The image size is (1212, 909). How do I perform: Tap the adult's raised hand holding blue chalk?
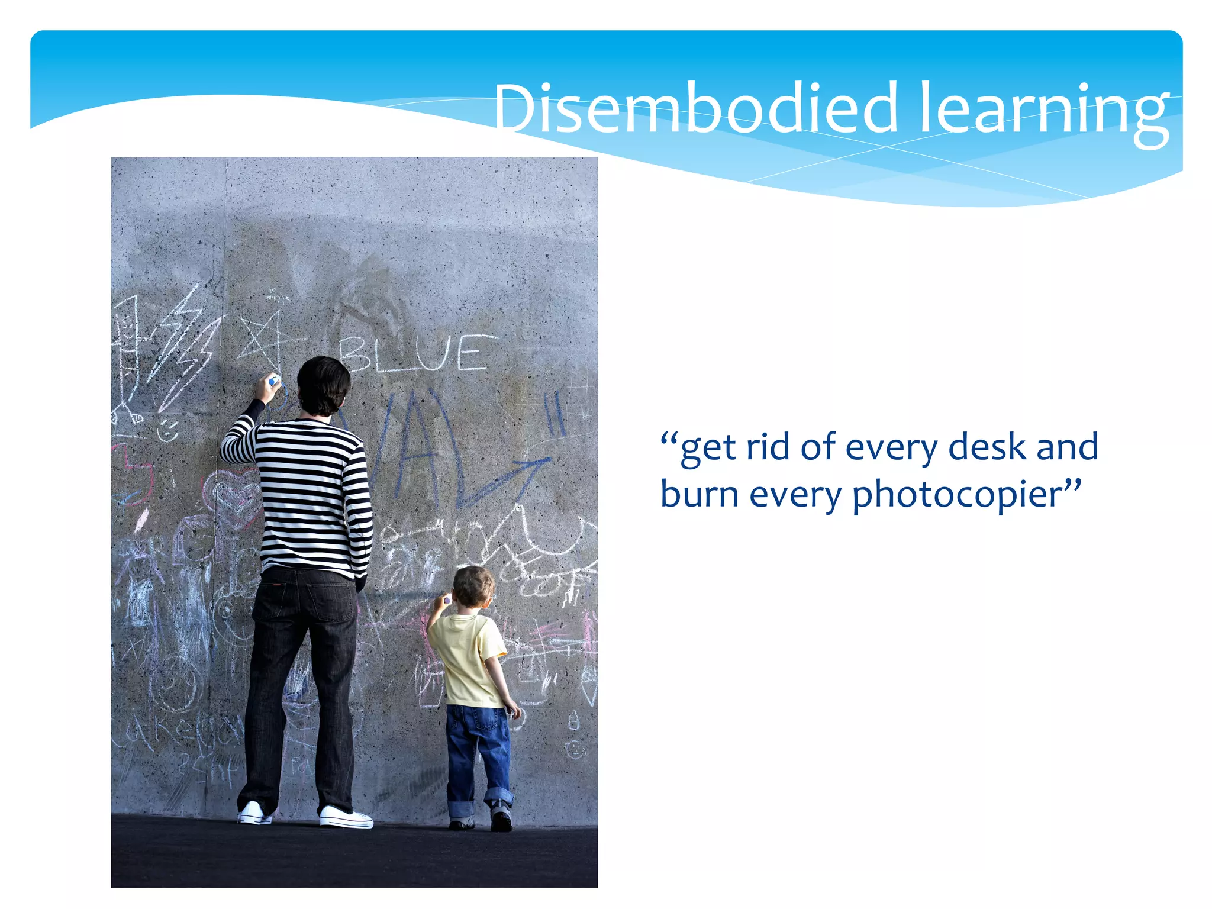(x=267, y=388)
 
